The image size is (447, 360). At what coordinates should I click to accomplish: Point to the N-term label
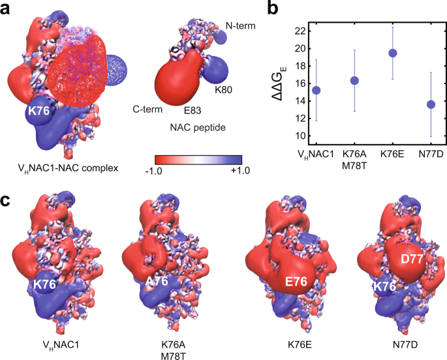point(241,25)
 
